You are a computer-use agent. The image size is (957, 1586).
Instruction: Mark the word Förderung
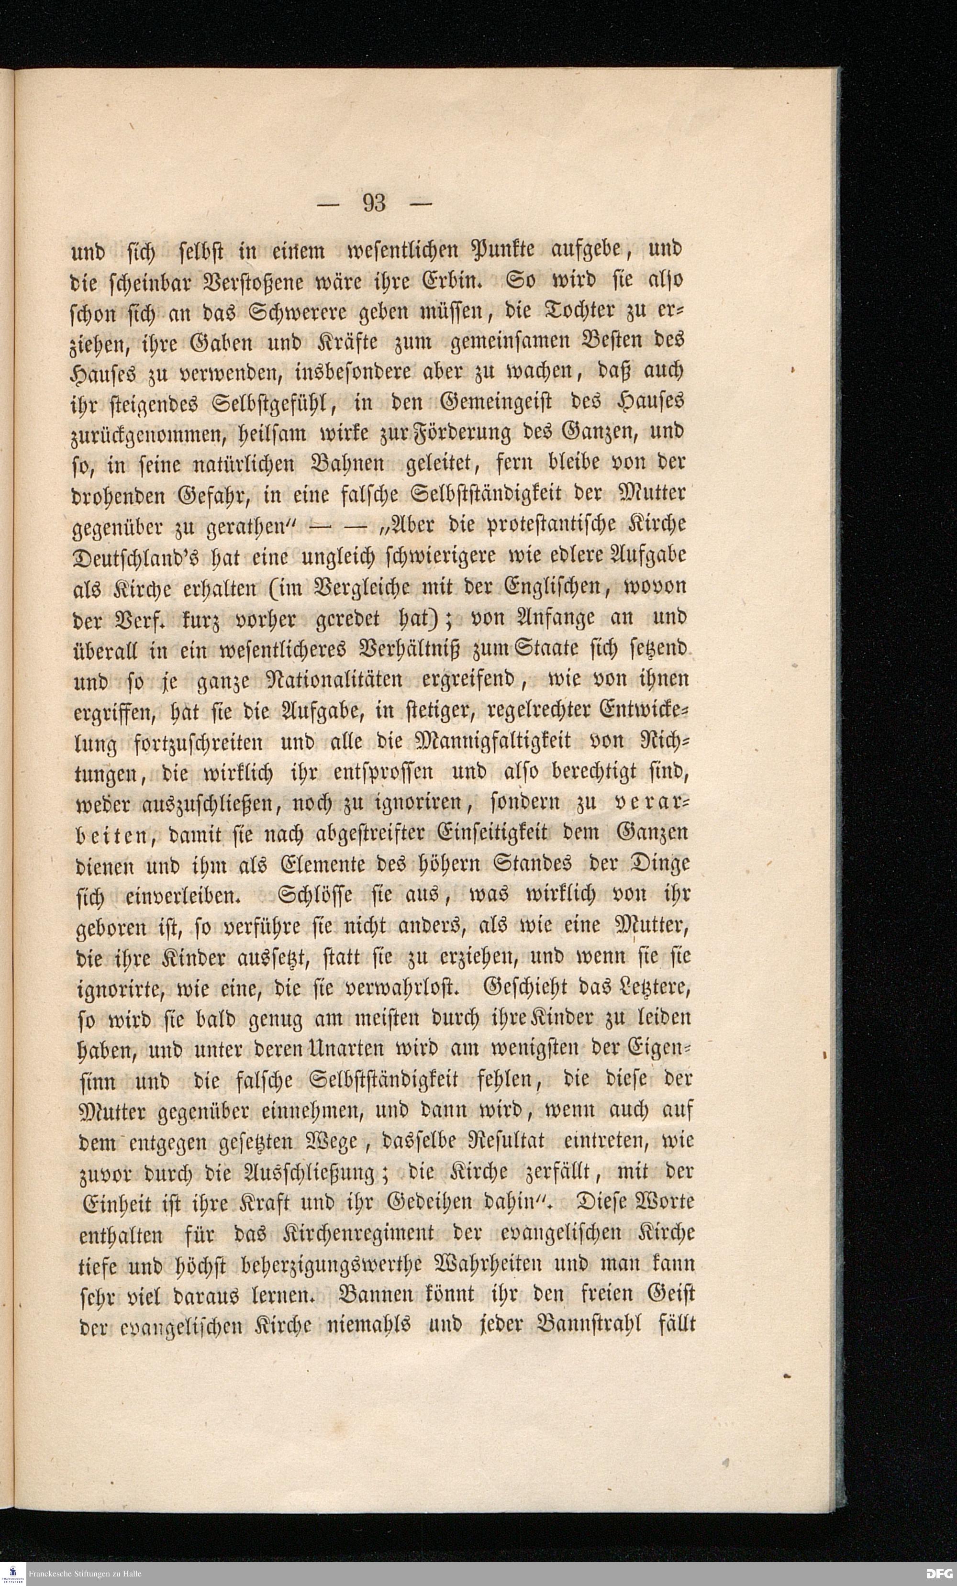point(454,435)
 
